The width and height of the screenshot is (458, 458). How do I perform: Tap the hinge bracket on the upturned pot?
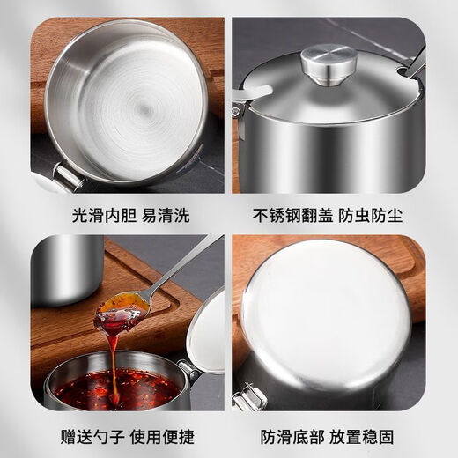pos(249,401)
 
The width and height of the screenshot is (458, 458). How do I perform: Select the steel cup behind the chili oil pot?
pos(66,269)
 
